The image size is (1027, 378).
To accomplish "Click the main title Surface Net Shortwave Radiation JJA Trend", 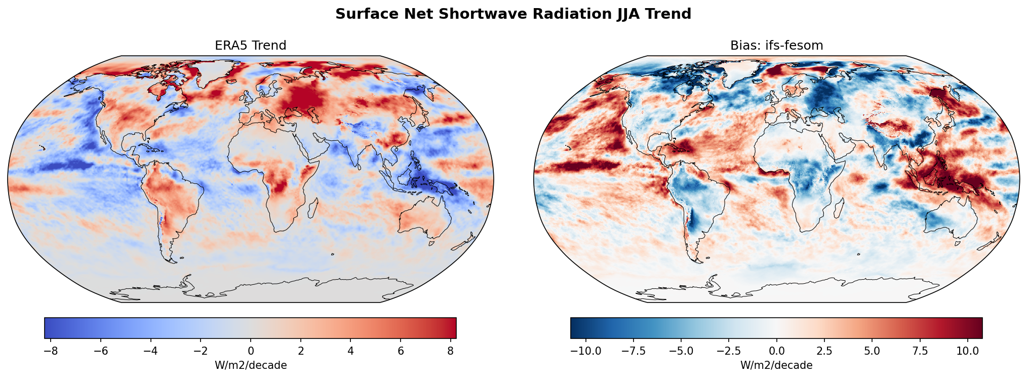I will [513, 14].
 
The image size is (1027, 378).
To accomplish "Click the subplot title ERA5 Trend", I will [250, 46].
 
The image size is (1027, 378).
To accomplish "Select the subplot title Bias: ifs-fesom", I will [776, 46].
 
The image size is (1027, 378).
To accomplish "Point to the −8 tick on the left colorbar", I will [51, 351].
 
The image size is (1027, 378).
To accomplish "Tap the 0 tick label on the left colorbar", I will [251, 351].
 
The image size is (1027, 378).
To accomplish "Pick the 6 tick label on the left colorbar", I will [401, 351].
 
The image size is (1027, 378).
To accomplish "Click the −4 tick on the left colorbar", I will [151, 351].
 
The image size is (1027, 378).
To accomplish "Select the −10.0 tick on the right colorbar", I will [586, 351].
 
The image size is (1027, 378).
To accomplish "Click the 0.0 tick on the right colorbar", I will [776, 351].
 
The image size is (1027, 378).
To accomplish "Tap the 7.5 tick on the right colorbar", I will [920, 351].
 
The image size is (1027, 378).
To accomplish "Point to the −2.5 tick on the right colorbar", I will [729, 351].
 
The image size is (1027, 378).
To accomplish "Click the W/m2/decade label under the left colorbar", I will [251, 365].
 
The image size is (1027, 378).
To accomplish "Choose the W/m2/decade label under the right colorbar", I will [776, 365].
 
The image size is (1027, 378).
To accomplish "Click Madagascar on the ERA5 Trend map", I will [312, 208].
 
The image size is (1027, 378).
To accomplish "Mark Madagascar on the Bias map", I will [838, 208].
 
